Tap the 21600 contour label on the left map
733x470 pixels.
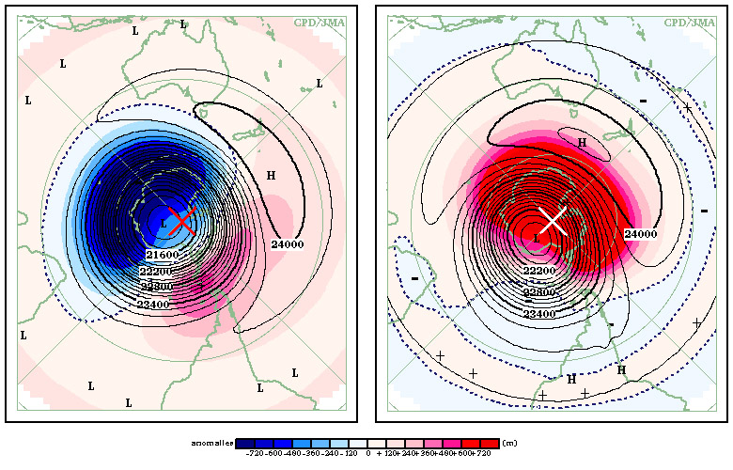point(162,255)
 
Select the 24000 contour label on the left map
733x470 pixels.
point(289,244)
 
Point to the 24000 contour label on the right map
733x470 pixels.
point(641,233)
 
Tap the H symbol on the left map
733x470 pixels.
point(271,176)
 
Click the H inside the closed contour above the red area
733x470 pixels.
point(582,142)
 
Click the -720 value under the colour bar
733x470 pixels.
point(254,454)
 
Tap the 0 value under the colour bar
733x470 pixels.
point(369,454)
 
